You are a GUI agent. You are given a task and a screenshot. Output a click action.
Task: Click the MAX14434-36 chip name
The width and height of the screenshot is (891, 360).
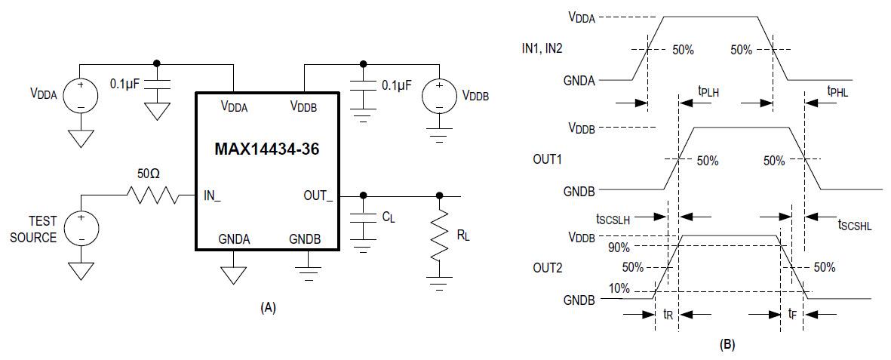pos(268,150)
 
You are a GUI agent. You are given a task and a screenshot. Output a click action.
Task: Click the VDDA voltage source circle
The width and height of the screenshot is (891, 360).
pos(80,96)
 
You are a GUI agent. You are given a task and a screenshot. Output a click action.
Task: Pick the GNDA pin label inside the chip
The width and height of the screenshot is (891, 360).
pos(234,239)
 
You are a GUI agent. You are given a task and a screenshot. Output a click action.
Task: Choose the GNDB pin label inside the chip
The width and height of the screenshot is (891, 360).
pos(305,239)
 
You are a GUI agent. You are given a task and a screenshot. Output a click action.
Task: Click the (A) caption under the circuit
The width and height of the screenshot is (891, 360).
pos(268,307)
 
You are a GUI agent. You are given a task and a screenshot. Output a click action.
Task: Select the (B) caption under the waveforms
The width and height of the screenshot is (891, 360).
pos(727,345)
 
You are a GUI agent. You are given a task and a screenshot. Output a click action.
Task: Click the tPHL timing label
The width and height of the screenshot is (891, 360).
pos(839,92)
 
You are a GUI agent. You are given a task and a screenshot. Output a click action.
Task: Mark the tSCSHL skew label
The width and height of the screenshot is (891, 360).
pos(856,224)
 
